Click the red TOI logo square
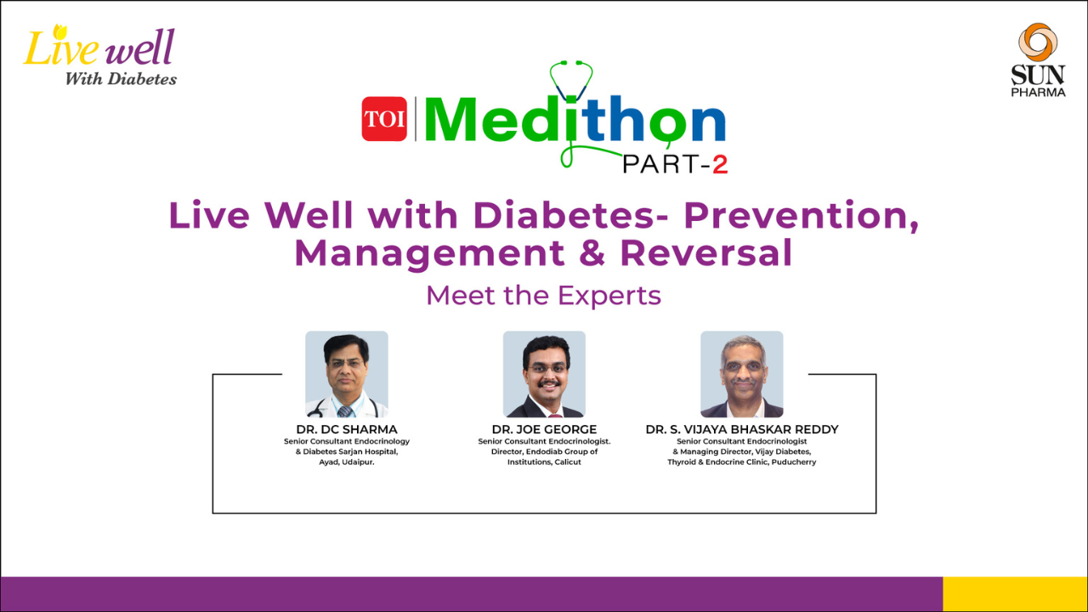tap(384, 119)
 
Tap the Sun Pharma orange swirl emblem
tap(1038, 42)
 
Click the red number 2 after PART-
tap(720, 165)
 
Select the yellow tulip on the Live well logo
tap(60, 32)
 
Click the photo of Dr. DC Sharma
tap(346, 374)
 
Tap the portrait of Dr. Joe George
tap(544, 374)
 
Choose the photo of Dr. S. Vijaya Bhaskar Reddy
tap(742, 374)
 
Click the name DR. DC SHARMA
tap(347, 429)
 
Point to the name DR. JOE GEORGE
tap(544, 429)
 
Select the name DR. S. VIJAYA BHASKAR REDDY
tap(742, 429)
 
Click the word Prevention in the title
tap(802, 215)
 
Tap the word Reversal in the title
tap(706, 252)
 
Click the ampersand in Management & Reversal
tap(592, 252)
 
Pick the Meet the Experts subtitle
tap(543, 295)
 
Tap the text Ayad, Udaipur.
tap(346, 462)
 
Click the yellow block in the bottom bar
tap(1015, 594)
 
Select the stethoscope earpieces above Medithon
tap(570, 63)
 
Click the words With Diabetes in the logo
tap(121, 79)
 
